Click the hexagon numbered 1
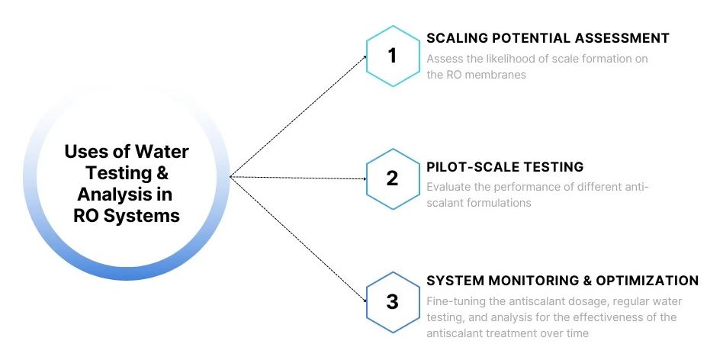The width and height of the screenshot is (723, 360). [392, 56]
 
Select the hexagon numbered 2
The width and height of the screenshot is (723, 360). [392, 178]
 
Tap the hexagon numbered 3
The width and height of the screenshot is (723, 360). [392, 301]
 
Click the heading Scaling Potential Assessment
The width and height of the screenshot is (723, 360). [548, 38]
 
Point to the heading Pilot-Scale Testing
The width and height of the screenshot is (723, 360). [505, 167]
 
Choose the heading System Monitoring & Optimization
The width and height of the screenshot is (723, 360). [562, 281]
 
